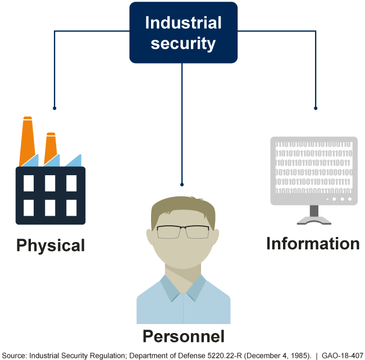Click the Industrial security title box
pyautogui.click(x=183, y=33)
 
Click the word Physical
pyautogui.click(x=51, y=245)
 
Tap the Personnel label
pyautogui.click(x=183, y=336)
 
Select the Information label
pyautogui.click(x=313, y=244)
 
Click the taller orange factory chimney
pyautogui.click(x=27, y=140)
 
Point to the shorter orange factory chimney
pyautogui.click(x=51, y=147)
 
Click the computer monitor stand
pyautogui.click(x=314, y=215)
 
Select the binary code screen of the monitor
pyautogui.click(x=314, y=168)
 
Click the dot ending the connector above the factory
pyautogui.click(x=54, y=108)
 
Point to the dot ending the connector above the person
pyautogui.click(x=182, y=184)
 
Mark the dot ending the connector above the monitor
pyautogui.click(x=316, y=108)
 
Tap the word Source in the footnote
pyautogui.click(x=13, y=355)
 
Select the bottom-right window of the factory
pyautogui.click(x=71, y=208)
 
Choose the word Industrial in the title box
pyautogui.click(x=183, y=23)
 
